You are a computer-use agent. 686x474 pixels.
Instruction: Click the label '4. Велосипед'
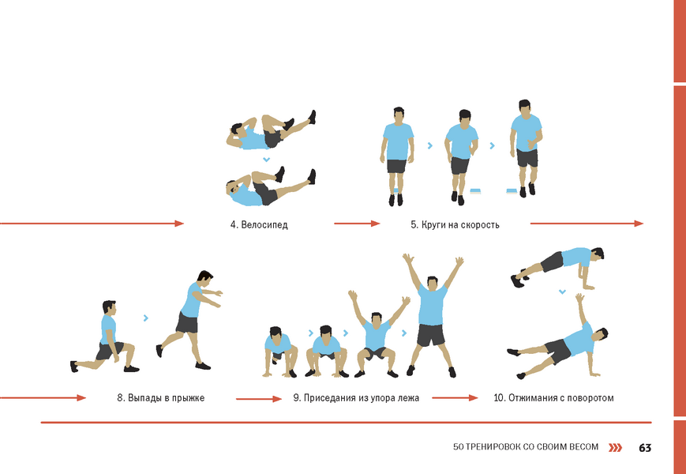click(259, 225)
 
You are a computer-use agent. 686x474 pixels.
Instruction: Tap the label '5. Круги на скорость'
click(455, 225)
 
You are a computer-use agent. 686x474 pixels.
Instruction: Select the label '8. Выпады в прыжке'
click(160, 398)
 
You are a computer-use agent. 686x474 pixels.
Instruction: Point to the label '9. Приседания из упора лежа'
click(356, 398)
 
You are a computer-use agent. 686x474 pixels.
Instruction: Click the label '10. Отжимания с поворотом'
click(553, 398)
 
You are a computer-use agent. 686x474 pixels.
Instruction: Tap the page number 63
click(645, 448)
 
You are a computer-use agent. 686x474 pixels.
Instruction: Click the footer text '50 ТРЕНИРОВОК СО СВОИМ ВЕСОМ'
click(526, 447)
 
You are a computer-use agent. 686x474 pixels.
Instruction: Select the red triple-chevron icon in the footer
click(616, 447)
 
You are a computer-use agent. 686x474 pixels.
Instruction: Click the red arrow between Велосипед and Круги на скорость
click(357, 224)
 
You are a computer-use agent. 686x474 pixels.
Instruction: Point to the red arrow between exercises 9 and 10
click(455, 398)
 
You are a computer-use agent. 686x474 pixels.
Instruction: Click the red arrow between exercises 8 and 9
click(259, 399)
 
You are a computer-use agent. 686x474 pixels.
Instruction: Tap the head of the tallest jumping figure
click(432, 284)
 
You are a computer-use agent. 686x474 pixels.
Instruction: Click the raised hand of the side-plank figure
click(579, 298)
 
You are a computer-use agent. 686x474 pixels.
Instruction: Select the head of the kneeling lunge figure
click(109, 307)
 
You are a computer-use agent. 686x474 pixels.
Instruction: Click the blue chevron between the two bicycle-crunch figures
click(265, 160)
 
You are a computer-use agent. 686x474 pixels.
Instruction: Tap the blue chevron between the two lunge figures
click(146, 318)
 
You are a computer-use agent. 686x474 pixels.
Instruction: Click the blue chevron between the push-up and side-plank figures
click(562, 291)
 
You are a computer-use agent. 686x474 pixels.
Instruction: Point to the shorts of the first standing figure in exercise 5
click(397, 167)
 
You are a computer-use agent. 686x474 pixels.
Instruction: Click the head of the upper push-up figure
click(597, 254)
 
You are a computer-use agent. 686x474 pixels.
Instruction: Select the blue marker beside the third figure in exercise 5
click(512, 190)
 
